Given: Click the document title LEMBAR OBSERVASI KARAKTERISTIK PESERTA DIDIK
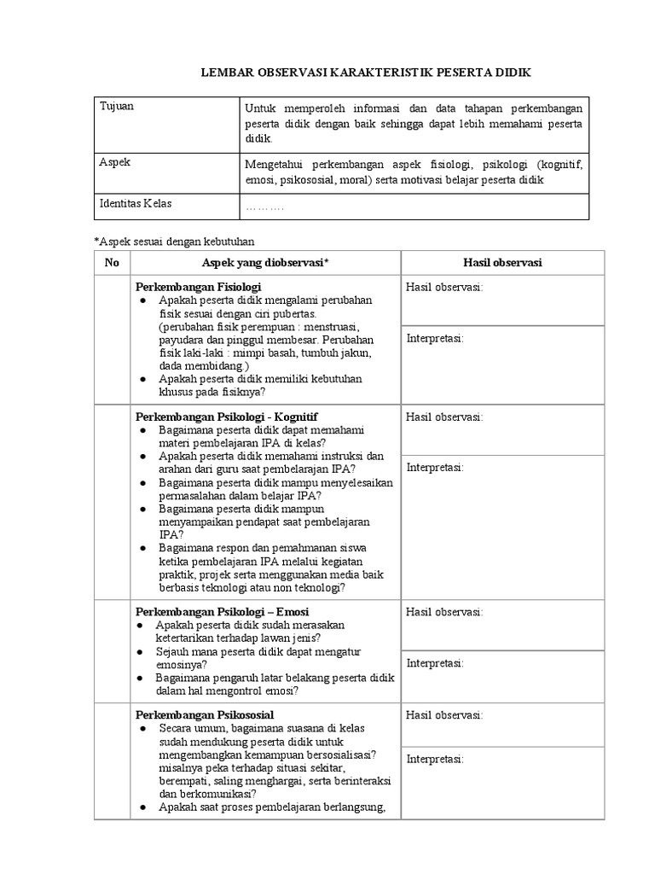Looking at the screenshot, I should pyautogui.click(x=365, y=73).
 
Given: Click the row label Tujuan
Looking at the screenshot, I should pyautogui.click(x=117, y=107).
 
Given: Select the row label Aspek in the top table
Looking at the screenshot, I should pyautogui.click(x=115, y=161).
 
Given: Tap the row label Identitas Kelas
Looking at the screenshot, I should pyautogui.click(x=142, y=204).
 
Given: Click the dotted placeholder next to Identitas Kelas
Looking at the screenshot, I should pyautogui.click(x=264, y=207).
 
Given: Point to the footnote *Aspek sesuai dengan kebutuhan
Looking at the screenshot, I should pyautogui.click(x=174, y=242).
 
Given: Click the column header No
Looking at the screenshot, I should pyautogui.click(x=112, y=263).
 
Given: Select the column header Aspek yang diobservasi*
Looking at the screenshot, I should pyautogui.click(x=264, y=263).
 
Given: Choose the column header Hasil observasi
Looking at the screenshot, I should pyautogui.click(x=502, y=263).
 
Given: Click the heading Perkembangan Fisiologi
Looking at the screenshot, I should pyautogui.click(x=198, y=287).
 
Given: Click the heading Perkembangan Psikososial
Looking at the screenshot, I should pyautogui.click(x=204, y=714).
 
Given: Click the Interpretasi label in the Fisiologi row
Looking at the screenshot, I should pyautogui.click(x=435, y=339).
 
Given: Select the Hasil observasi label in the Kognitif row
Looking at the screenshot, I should pyautogui.click(x=444, y=417).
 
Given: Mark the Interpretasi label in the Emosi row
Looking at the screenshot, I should pyautogui.click(x=435, y=663).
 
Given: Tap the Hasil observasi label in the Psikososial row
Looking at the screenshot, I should pyautogui.click(x=444, y=714).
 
